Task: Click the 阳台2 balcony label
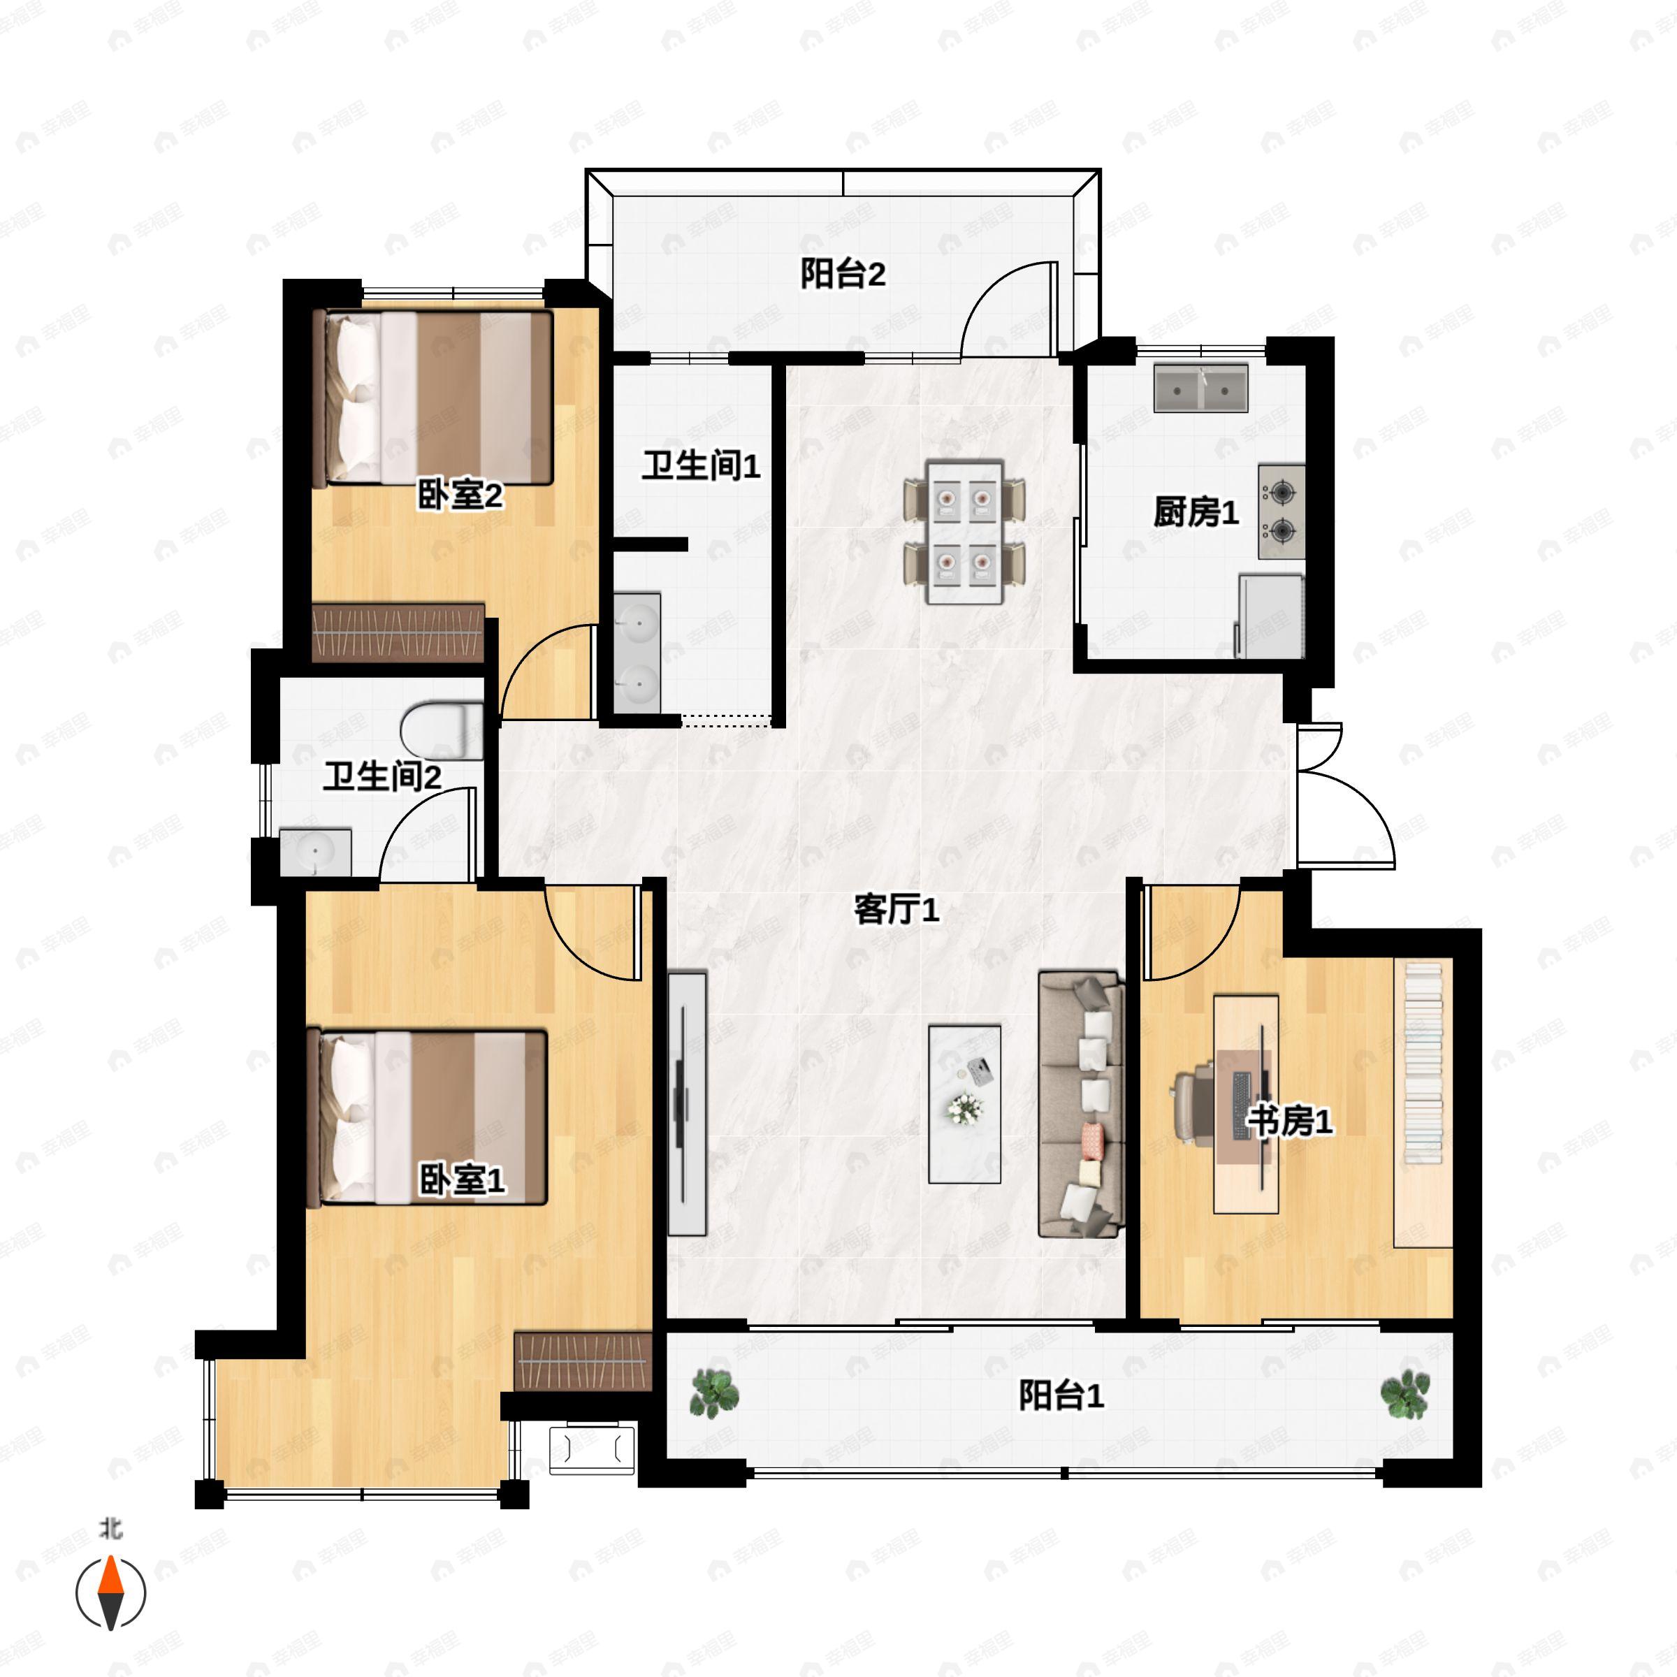842,275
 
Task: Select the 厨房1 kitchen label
1196,512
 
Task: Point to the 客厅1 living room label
896,910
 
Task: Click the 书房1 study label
1290,1121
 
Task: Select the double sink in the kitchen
1200,389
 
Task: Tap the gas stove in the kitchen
1282,511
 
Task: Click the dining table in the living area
964,531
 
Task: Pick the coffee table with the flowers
964,1104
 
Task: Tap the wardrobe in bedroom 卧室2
398,633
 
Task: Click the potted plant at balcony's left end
713,1393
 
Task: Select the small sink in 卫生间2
315,852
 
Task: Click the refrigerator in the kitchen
1270,616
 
